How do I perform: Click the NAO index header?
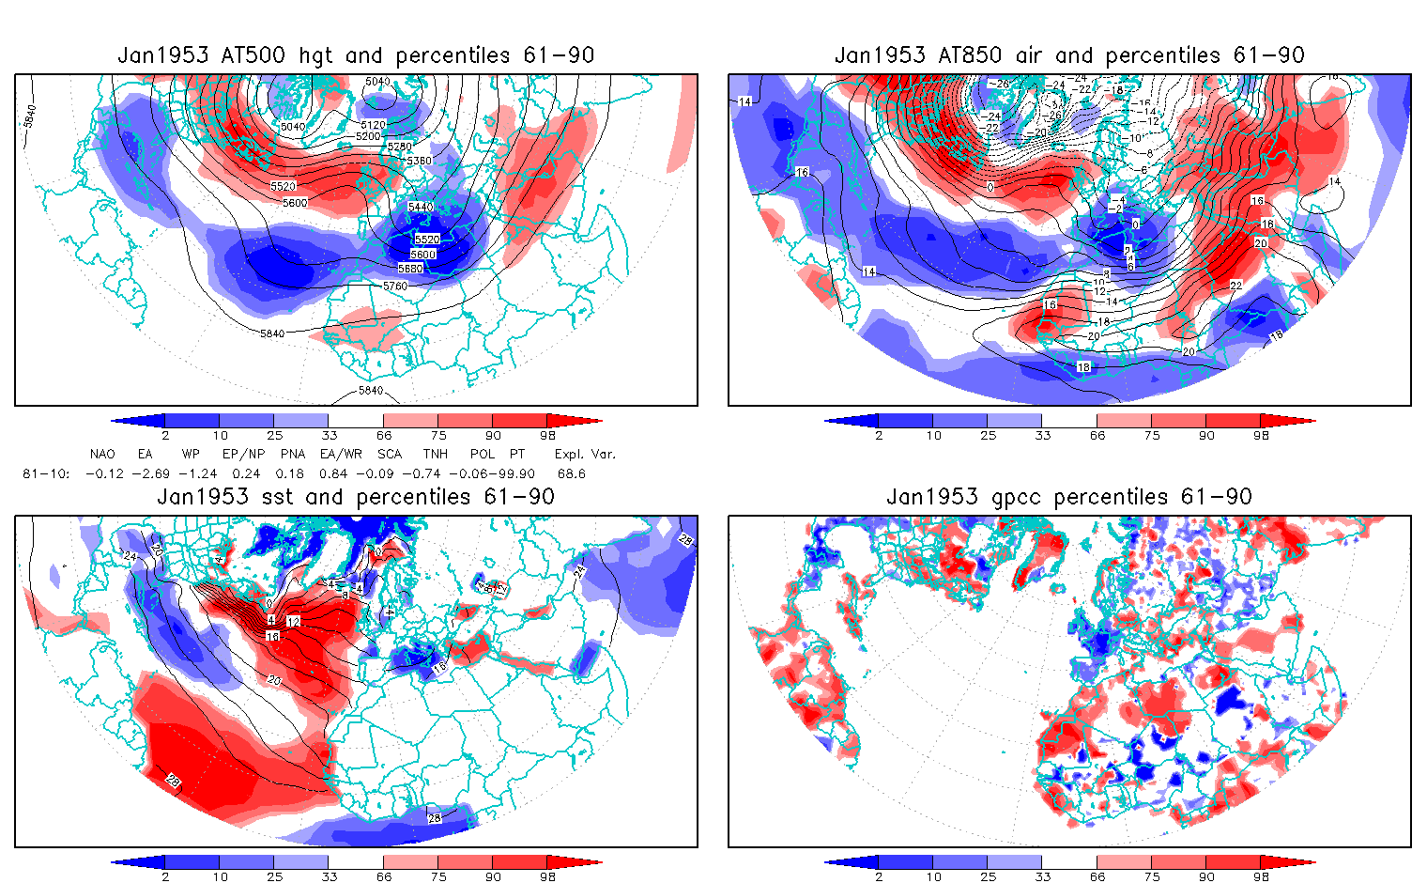pyautogui.click(x=102, y=454)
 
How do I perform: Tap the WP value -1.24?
pyautogui.click(x=198, y=473)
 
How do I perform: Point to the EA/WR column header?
pyautogui.click(x=341, y=454)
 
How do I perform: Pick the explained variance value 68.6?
pyautogui.click(x=571, y=473)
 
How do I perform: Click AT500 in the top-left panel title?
pyautogui.click(x=253, y=55)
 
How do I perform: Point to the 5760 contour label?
pyautogui.click(x=396, y=286)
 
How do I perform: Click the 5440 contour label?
pyautogui.click(x=421, y=207)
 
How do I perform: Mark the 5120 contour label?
pyautogui.click(x=373, y=125)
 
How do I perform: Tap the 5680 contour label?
pyautogui.click(x=410, y=269)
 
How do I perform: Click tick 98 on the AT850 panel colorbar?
pyautogui.click(x=1261, y=435)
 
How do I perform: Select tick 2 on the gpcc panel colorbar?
pyautogui.click(x=879, y=876)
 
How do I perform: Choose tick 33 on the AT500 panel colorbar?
pyautogui.click(x=329, y=435)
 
